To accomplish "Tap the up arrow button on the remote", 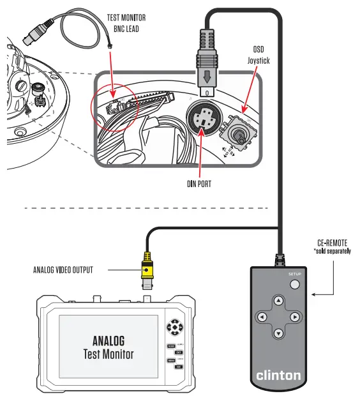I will [x=278, y=300].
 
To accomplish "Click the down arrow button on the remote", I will [x=278, y=333].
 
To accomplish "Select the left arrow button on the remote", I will [x=262, y=317].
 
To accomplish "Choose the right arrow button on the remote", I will [x=295, y=317].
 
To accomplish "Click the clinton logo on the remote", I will [x=278, y=376].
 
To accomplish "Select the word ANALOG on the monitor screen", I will [x=109, y=340].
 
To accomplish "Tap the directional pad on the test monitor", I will [x=174, y=328].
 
